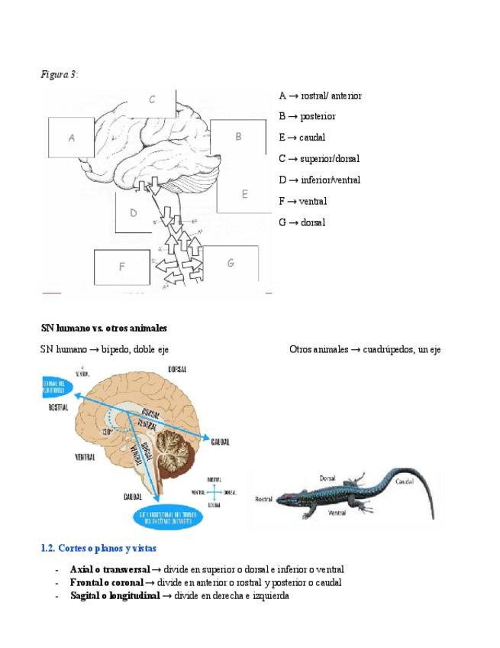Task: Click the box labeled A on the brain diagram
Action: [71, 139]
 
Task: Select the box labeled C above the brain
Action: [153, 99]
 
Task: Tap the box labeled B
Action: [238, 138]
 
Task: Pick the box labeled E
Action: [244, 194]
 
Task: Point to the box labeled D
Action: [133, 213]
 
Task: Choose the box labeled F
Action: [121, 267]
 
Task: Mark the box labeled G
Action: [230, 263]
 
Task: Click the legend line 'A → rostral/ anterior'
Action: [320, 96]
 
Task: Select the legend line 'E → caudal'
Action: [302, 138]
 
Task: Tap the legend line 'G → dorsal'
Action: [302, 222]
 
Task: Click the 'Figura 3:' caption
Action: [59, 74]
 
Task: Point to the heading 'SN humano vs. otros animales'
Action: [104, 328]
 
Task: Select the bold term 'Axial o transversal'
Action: [109, 569]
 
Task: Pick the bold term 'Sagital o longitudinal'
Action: [115, 595]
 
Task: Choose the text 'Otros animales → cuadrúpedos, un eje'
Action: [365, 349]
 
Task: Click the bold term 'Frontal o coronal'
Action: [106, 582]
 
